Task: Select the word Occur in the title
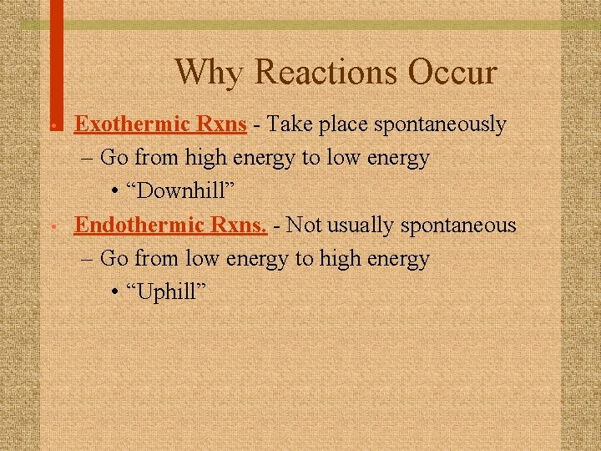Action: [452, 72]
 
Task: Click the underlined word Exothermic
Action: [125, 124]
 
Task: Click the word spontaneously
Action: [440, 125]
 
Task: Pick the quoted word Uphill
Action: [167, 291]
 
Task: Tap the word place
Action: [343, 125]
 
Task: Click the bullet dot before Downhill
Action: [114, 192]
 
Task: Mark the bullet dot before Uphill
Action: [114, 292]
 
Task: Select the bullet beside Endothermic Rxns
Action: [53, 226]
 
